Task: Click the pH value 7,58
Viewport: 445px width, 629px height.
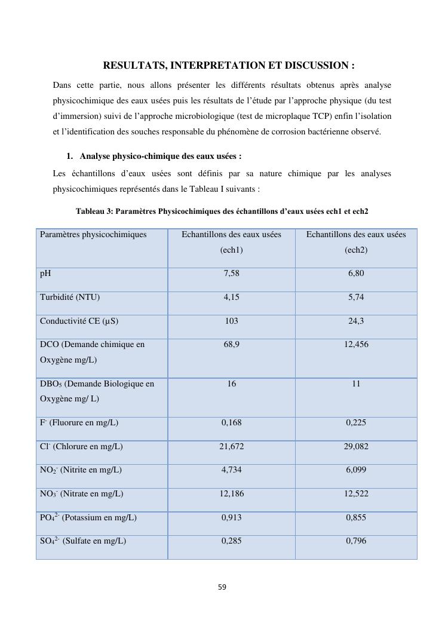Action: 231,274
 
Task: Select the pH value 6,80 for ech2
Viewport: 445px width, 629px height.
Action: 356,274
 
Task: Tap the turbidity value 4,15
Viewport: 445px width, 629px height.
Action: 231,297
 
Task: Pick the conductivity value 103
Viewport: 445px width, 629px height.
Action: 231,321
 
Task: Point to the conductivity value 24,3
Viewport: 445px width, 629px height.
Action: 356,321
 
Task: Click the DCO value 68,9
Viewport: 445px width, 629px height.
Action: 231,345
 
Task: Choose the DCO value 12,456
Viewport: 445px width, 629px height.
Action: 356,345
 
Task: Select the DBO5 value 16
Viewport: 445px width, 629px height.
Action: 231,384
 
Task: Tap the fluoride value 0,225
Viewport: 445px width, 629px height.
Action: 356,423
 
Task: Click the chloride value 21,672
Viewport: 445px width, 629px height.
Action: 231,447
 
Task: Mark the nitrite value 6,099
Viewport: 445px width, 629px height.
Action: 356,470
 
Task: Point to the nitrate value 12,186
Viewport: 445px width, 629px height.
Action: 231,494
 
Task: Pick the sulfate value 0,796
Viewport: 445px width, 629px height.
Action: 356,541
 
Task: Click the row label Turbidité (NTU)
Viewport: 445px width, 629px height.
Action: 70,297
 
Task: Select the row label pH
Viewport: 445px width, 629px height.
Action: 45,274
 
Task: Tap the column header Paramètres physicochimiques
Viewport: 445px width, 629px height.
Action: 93,235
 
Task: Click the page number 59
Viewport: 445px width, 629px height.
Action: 222,587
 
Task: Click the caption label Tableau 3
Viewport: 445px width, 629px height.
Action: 94,211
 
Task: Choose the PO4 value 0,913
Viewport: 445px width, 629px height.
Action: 231,518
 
